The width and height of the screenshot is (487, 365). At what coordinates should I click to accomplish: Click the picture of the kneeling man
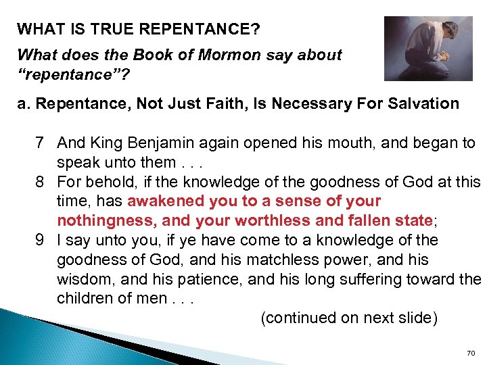pyautogui.click(x=428, y=48)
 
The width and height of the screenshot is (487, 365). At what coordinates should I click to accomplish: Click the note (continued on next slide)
pyautogui.click(x=349, y=318)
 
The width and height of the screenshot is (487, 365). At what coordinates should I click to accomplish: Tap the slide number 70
pyautogui.click(x=471, y=353)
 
